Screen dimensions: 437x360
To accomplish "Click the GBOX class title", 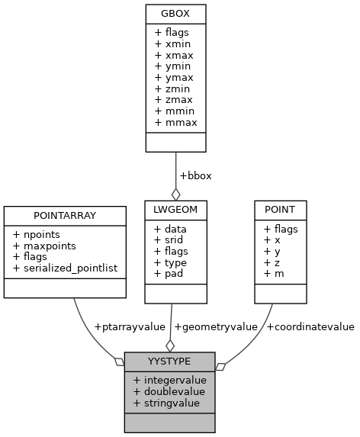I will coord(175,13).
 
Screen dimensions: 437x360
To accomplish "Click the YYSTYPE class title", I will coord(169,361).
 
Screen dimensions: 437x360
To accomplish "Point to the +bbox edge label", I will coord(195,175).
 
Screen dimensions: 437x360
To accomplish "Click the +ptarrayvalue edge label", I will coord(129,326).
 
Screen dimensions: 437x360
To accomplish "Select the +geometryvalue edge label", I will coord(216,326).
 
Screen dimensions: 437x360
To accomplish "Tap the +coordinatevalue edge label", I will coord(310,326).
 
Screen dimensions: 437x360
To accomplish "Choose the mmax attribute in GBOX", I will coord(174,121).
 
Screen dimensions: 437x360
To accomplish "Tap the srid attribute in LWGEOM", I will coord(169,240).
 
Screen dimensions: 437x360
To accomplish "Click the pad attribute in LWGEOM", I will coord(168,273).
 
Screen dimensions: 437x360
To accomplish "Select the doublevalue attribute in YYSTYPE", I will coord(169,391).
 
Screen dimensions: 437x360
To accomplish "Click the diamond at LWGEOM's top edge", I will coord(175,194).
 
